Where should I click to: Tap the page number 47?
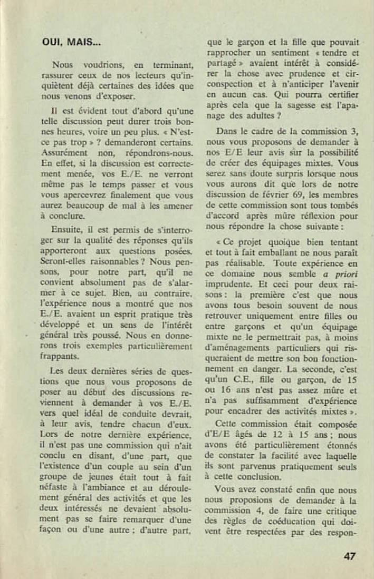click(349, 556)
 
